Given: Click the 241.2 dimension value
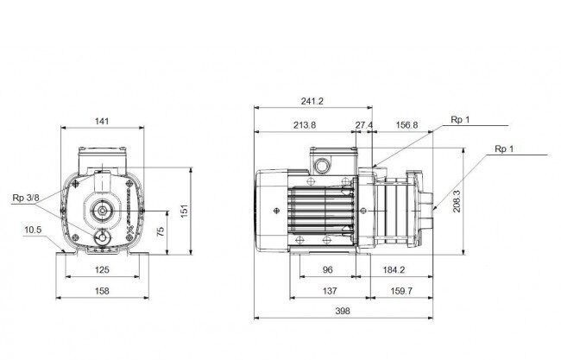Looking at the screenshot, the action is (312, 101).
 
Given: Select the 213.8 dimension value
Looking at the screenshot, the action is (305, 125).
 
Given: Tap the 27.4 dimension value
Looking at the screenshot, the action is (364, 125).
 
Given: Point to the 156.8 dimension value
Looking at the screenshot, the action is (407, 125).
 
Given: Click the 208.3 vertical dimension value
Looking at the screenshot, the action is (457, 201).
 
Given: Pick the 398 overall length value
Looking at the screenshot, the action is (343, 311).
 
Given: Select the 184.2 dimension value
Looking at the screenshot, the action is (394, 270).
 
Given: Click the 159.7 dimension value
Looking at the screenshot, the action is (401, 291).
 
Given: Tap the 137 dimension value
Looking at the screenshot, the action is (330, 291).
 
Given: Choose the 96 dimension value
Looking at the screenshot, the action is (328, 270).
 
